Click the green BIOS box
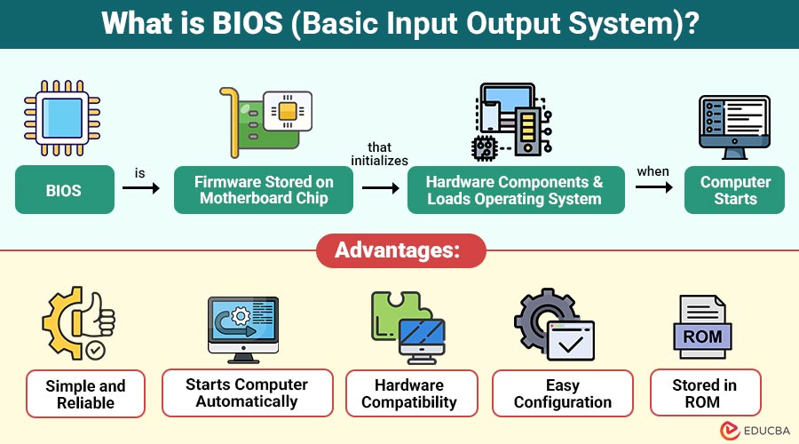point(65,189)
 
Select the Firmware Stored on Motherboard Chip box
point(264,189)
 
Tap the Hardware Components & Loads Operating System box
point(515,189)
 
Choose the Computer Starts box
point(735,189)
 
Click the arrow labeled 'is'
point(140,188)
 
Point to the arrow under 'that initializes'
point(380,188)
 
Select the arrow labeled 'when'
point(653,187)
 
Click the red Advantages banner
point(400,251)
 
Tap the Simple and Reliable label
point(85,393)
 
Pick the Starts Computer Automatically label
point(247,392)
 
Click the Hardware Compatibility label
point(409,392)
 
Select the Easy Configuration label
point(563,392)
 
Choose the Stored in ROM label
point(704,392)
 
